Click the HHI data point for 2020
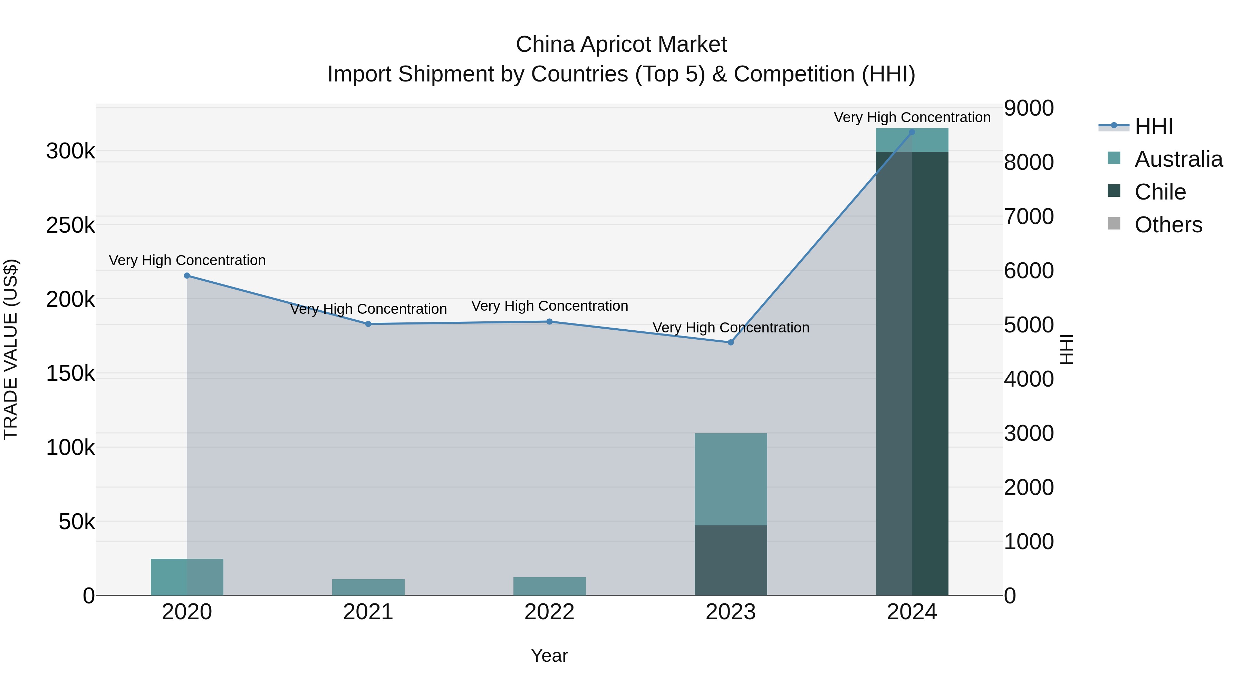(187, 275)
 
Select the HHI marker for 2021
(368, 324)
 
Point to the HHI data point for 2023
(731, 342)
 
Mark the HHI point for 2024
(912, 132)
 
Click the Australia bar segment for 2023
(731, 479)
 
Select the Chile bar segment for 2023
(731, 560)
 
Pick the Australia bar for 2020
(187, 577)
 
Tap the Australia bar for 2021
(368, 587)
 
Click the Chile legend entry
(1159, 192)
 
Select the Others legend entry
(1168, 225)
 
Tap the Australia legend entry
(1178, 159)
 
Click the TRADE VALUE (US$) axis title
(11, 349)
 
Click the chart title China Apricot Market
(621, 45)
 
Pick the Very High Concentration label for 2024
(912, 117)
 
